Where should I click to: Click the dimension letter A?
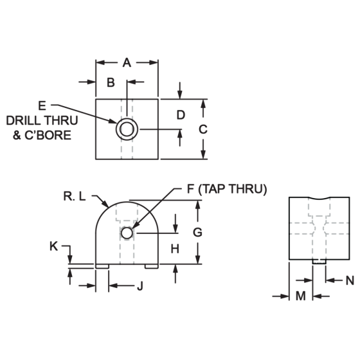click(127, 63)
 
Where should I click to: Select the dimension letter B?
click(111, 82)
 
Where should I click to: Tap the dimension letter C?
click(203, 129)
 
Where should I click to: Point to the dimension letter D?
click(181, 115)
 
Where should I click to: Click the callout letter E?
click(42, 106)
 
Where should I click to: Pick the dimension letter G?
click(197, 232)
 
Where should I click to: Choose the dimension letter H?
click(175, 249)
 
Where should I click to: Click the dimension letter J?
click(140, 286)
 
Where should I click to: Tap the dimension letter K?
click(54, 247)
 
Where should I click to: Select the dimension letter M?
click(301, 296)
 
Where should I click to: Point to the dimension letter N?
click(350, 280)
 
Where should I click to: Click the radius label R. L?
click(75, 197)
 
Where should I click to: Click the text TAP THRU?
click(232, 189)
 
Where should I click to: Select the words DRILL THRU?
click(42, 121)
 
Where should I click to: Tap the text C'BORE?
click(48, 135)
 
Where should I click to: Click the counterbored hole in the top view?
click(127, 129)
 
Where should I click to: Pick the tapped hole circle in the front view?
click(127, 233)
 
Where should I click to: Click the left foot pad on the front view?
click(102, 266)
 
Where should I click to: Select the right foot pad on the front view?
click(152, 266)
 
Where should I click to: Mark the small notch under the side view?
click(319, 262)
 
